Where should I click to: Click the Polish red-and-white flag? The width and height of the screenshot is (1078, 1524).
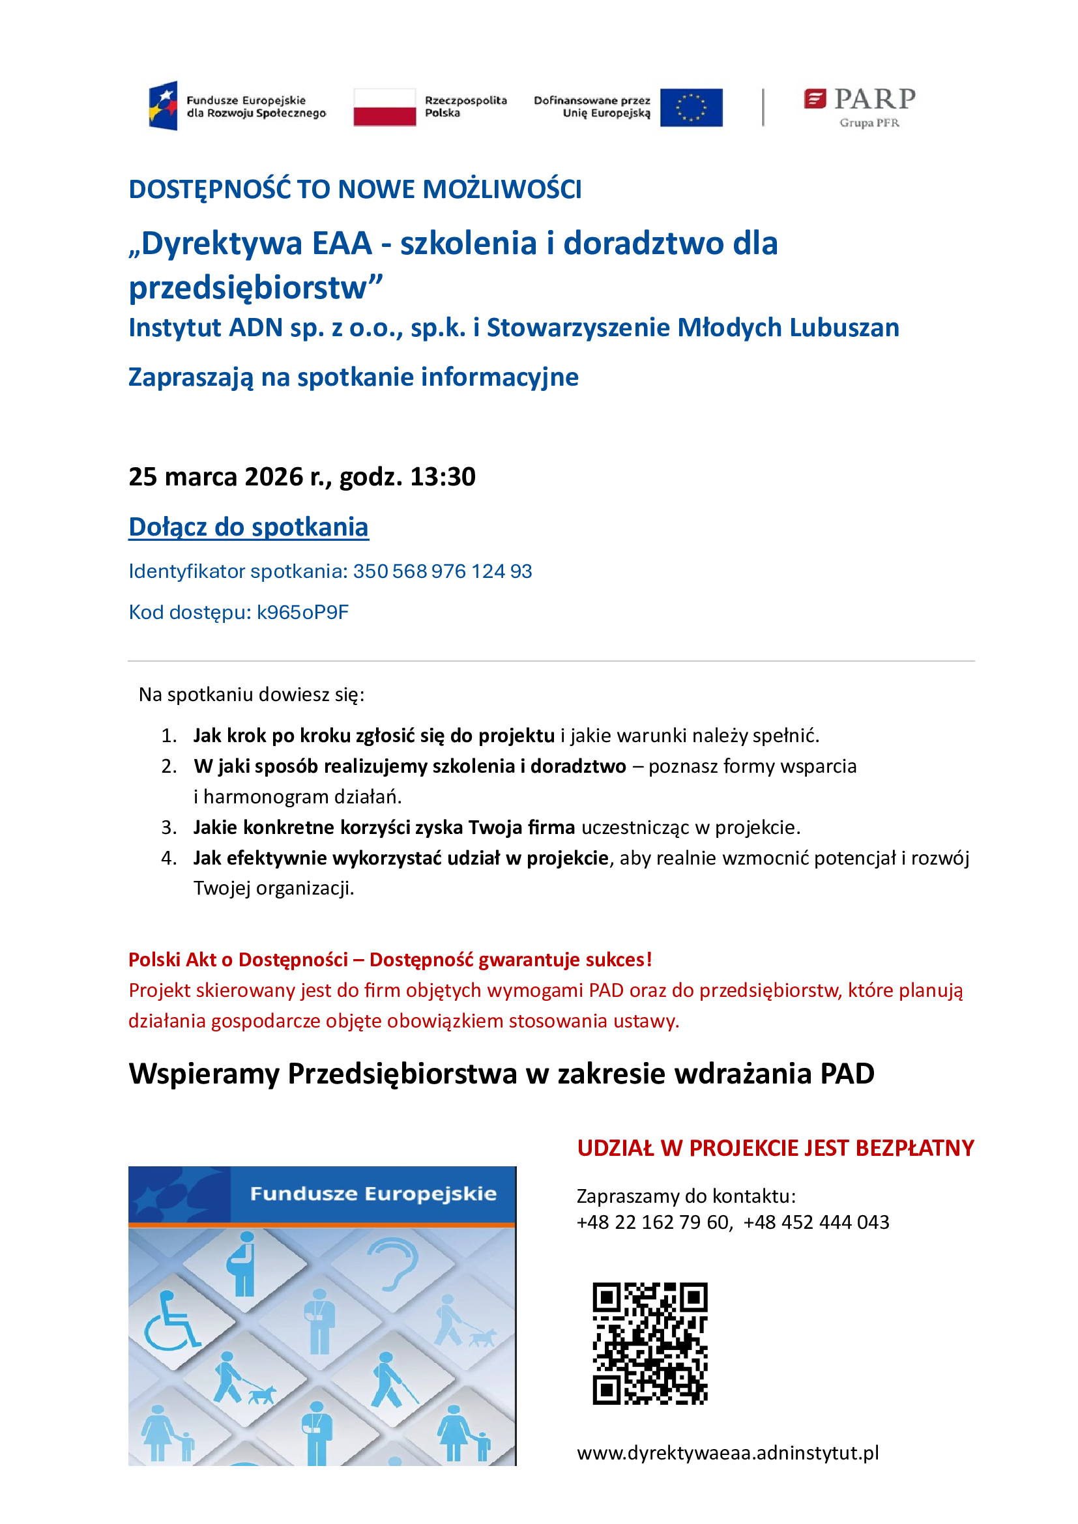(x=385, y=107)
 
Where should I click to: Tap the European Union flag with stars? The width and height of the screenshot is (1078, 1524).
(x=691, y=107)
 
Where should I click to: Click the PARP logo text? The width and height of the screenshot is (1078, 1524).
(x=874, y=100)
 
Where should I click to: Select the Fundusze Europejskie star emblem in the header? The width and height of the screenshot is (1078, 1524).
(x=164, y=106)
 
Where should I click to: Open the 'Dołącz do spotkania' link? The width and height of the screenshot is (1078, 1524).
(x=248, y=527)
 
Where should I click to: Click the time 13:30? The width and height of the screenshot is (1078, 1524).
(x=443, y=477)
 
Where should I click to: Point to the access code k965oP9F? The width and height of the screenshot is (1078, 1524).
(x=302, y=612)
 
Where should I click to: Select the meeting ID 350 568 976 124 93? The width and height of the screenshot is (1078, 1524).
(x=442, y=571)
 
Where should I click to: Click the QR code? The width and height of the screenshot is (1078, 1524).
(x=650, y=1344)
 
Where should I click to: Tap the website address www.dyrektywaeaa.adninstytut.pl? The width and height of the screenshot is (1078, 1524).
(x=727, y=1453)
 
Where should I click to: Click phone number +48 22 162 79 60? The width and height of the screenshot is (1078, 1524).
(x=653, y=1222)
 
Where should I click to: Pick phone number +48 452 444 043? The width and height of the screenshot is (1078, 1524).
(x=816, y=1222)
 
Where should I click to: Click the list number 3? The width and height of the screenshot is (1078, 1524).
(x=169, y=827)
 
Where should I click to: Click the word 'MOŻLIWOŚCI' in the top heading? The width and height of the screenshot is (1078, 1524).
(x=502, y=190)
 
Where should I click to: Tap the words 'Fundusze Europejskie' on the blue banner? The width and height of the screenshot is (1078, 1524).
(x=373, y=1194)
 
